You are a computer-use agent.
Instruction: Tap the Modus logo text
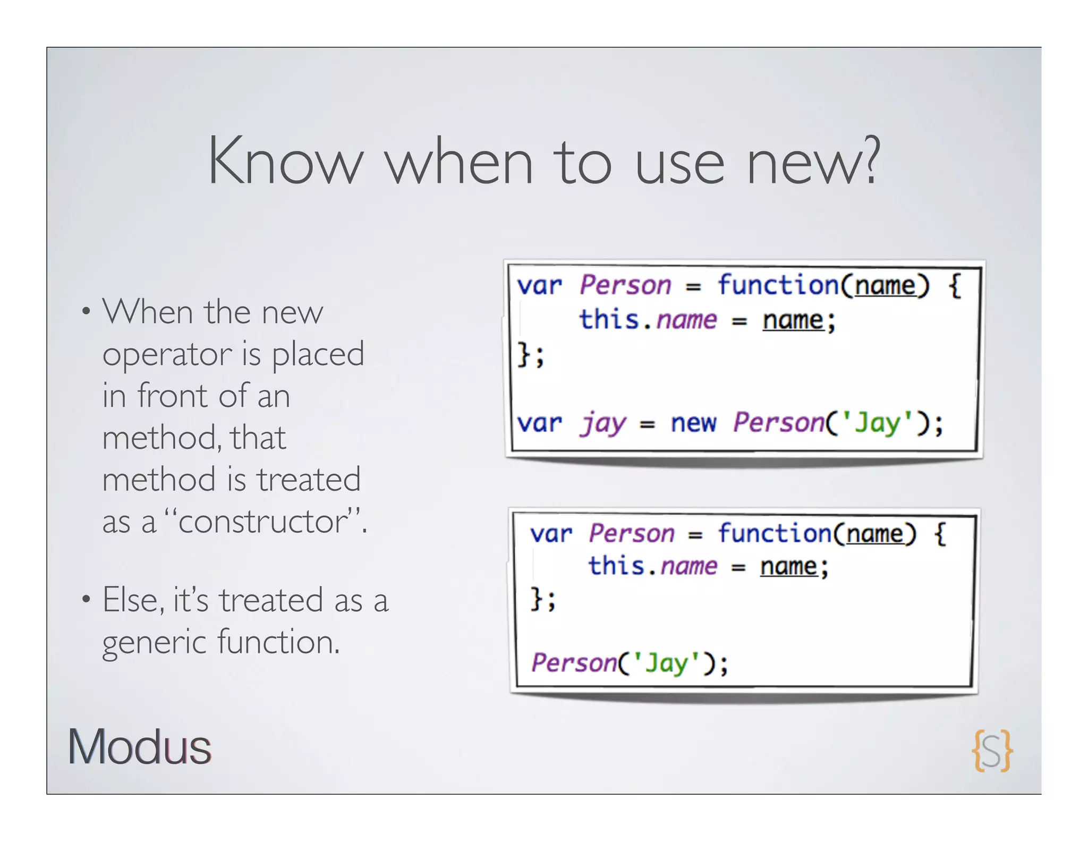coord(139,747)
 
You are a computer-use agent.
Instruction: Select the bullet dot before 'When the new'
coord(86,311)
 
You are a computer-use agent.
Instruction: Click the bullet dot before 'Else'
coord(86,600)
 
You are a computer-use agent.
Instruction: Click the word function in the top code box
coord(779,285)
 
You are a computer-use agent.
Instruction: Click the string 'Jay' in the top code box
coord(878,424)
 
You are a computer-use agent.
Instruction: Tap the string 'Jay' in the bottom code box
coord(666,663)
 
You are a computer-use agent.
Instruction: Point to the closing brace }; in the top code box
coord(531,355)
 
